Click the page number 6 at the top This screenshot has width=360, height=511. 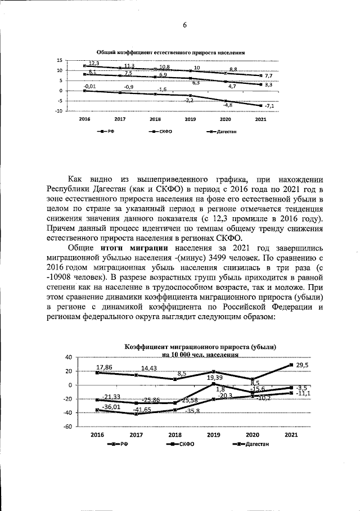tap(184, 25)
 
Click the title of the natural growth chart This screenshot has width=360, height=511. tap(171, 52)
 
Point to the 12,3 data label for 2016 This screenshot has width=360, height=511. tap(94, 62)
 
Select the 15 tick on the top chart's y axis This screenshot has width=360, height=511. tap(58, 60)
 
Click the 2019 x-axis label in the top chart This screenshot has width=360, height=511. tap(190, 120)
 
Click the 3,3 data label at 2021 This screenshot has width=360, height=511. tap(268, 85)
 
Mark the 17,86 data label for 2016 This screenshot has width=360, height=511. tap(105, 367)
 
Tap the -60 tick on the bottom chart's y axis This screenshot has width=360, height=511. tap(67, 427)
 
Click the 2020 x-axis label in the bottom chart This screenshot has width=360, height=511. tap(253, 436)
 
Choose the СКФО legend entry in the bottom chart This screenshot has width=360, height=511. tap(184, 445)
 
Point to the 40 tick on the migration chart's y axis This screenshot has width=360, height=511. tap(69, 358)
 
